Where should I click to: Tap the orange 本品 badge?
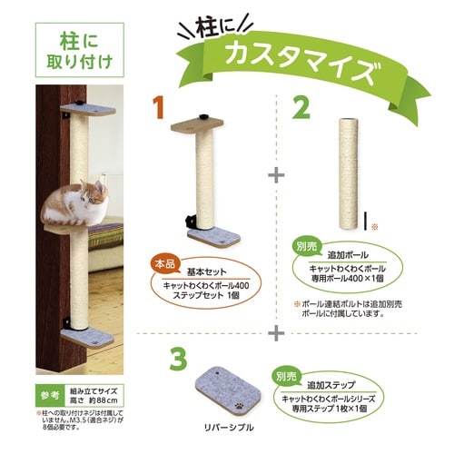[163, 264]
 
